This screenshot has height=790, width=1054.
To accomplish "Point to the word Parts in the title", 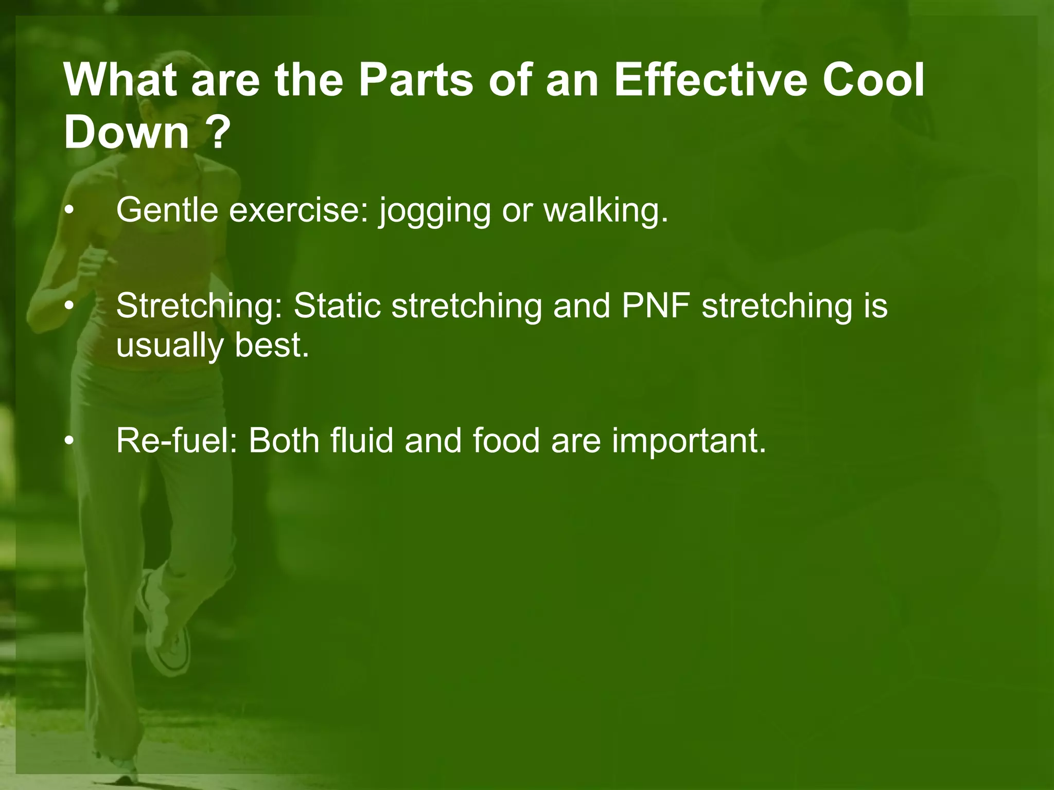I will (x=415, y=81).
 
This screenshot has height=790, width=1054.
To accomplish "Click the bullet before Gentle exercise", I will (x=69, y=211).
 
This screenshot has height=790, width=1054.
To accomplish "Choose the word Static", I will (x=337, y=306).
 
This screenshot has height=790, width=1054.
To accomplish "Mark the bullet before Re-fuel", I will (x=69, y=441).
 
